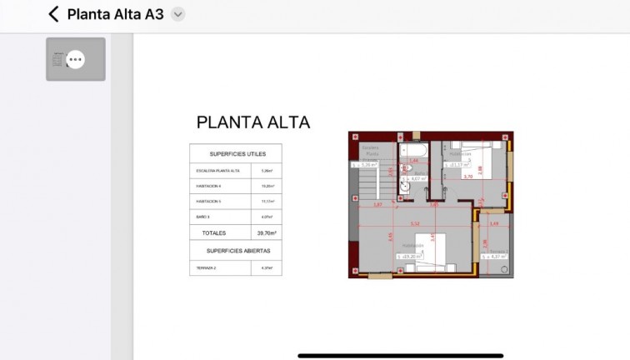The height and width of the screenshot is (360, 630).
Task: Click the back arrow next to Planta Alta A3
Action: click(54, 14)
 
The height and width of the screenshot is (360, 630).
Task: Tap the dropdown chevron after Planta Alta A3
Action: click(177, 14)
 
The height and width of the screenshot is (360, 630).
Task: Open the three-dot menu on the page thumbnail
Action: click(75, 59)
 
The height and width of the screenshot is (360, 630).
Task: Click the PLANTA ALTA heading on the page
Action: click(252, 122)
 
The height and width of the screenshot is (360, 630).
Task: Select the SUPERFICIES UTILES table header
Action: click(235, 154)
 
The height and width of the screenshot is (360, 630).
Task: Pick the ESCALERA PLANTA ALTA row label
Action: click(218, 170)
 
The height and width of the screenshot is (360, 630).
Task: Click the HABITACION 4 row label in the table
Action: click(208, 186)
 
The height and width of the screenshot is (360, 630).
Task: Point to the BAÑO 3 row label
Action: click(204, 217)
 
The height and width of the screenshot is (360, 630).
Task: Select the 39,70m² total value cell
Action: click(266, 233)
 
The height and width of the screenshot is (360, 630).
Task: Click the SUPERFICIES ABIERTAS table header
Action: click(235, 250)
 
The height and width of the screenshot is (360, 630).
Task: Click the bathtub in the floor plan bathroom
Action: click(414, 151)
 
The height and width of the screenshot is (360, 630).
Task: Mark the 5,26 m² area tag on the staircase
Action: click(365, 165)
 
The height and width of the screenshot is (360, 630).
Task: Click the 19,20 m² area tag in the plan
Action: click(411, 256)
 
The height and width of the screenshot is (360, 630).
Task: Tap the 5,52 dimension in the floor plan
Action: click(414, 223)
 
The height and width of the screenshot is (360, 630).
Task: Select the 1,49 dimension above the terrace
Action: click(494, 223)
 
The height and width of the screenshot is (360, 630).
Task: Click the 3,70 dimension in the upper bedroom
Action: click(467, 177)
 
